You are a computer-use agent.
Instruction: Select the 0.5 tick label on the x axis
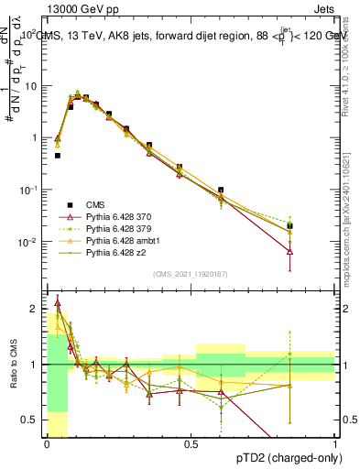(x=191, y=443)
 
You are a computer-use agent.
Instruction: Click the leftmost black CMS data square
(x=57, y=156)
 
